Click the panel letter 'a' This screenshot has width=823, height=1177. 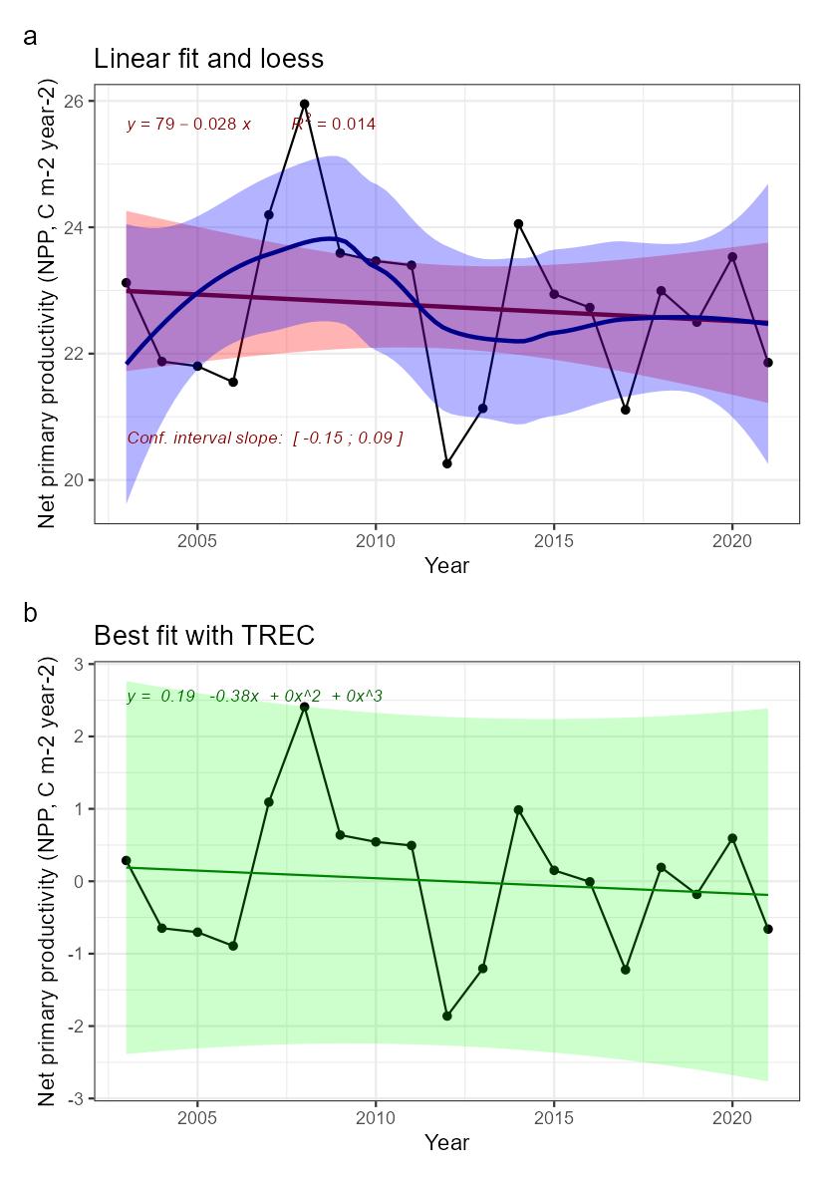pyautogui.click(x=31, y=37)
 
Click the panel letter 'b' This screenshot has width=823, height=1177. pyautogui.click(x=31, y=613)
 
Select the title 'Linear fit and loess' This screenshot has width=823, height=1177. pyautogui.click(x=208, y=59)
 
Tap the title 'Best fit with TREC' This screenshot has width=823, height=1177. pyautogui.click(x=204, y=635)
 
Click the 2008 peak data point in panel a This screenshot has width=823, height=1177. pyautogui.click(x=305, y=104)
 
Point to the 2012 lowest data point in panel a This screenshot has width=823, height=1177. pyautogui.click(x=447, y=463)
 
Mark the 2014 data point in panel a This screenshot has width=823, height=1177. pyautogui.click(x=518, y=223)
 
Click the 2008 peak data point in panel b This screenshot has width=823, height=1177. pyautogui.click(x=305, y=707)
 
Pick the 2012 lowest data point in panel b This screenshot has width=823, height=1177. pyautogui.click(x=447, y=1016)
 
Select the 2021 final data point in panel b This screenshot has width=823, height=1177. pyautogui.click(x=768, y=929)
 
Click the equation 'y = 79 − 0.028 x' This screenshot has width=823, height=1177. pyautogui.click(x=188, y=125)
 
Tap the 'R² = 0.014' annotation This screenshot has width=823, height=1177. pyautogui.click(x=333, y=124)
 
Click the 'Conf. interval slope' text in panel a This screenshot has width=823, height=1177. pyautogui.click(x=264, y=438)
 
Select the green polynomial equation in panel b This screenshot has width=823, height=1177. pyautogui.click(x=254, y=697)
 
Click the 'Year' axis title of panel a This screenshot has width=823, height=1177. pyautogui.click(x=446, y=566)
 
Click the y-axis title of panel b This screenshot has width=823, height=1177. pyautogui.click(x=47, y=880)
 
